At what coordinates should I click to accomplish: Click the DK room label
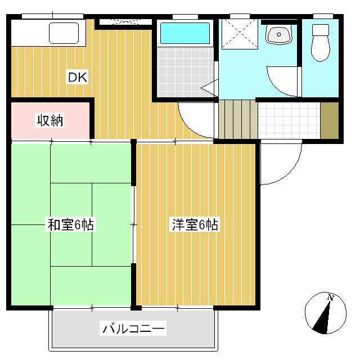click(77, 78)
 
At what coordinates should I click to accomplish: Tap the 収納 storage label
click(50, 120)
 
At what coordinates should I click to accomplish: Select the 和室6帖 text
click(70, 226)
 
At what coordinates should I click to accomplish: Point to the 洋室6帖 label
click(195, 226)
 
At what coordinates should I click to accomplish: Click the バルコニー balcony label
click(133, 328)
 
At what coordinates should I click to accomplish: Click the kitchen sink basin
click(66, 33)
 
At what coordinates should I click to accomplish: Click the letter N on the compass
click(331, 298)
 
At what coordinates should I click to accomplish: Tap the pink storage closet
click(50, 120)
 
